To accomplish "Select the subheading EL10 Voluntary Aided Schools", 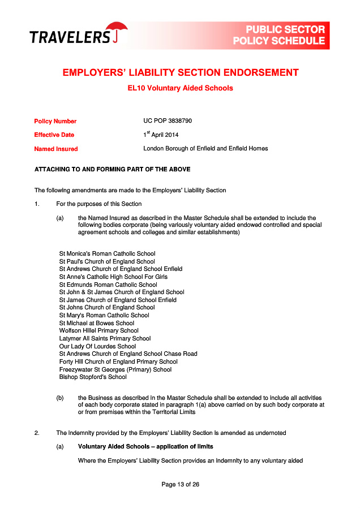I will (x=180, y=88).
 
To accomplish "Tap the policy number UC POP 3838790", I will (x=168, y=121).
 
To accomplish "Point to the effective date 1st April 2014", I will (x=161, y=135).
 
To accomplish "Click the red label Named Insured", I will (x=56, y=149).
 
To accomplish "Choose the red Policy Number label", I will (x=55, y=121).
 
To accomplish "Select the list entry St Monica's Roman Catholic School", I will (x=107, y=254).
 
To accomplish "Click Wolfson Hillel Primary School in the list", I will (x=98, y=331).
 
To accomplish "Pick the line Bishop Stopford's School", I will (x=93, y=377).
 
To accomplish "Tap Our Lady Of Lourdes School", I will (x=97, y=346).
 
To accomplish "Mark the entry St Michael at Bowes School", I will (x=97, y=323).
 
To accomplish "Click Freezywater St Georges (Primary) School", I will (x=115, y=369).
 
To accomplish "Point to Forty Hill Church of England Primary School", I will (x=118, y=361).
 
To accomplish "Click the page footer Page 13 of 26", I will (x=180, y=484).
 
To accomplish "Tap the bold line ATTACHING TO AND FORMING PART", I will (x=112, y=169).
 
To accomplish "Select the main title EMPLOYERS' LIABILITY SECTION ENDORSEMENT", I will (x=180, y=72).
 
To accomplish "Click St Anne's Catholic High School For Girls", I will (x=113, y=277).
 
